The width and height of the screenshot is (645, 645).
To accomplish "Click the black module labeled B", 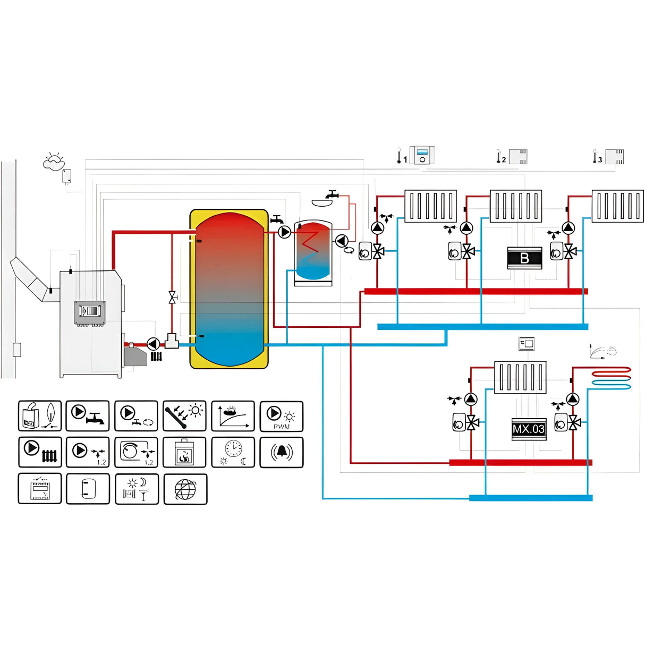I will [524, 258].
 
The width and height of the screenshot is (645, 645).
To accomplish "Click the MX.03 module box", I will [528, 429].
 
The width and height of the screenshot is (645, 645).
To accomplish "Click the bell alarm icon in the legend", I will [281, 452].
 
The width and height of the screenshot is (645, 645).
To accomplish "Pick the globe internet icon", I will [185, 489].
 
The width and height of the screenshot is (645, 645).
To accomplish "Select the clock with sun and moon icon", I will [233, 452].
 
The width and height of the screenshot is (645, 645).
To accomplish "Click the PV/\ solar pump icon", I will [281, 416].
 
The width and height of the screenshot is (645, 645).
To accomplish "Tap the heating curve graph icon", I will [233, 416].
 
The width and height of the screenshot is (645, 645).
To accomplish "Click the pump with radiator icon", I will [40, 452].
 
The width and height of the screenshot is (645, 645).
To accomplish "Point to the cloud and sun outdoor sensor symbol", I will [53, 160].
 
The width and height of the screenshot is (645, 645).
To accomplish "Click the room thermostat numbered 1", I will [422, 156].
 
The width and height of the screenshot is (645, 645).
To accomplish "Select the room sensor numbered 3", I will [614, 157].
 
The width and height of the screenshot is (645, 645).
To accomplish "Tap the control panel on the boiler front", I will [89, 311].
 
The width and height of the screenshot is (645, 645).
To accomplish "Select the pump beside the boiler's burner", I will [153, 344].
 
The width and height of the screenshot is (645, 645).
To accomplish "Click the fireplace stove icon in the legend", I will [184, 452].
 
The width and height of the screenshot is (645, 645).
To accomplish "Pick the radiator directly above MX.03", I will [520, 377].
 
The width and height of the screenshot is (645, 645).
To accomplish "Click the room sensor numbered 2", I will [517, 157].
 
